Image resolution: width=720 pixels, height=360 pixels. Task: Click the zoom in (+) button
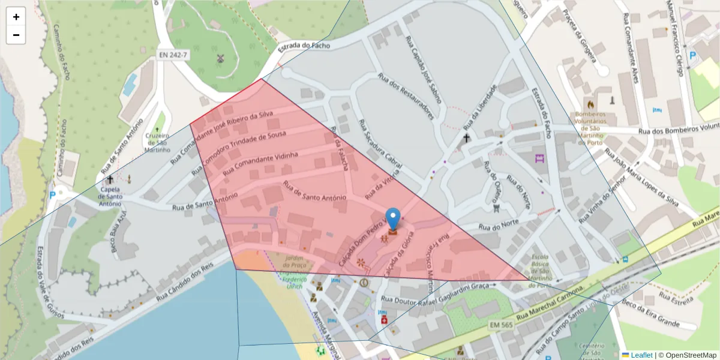tap(16, 17)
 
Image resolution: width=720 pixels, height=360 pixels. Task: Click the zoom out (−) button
tap(16, 35)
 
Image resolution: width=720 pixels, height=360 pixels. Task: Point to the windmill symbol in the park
tap(220, 59)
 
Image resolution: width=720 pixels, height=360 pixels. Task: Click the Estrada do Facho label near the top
tap(305, 45)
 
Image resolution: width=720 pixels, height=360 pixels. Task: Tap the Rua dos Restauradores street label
tap(406, 96)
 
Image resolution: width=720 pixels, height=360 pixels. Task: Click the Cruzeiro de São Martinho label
tap(157, 142)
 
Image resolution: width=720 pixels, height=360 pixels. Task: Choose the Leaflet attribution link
tap(641, 355)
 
